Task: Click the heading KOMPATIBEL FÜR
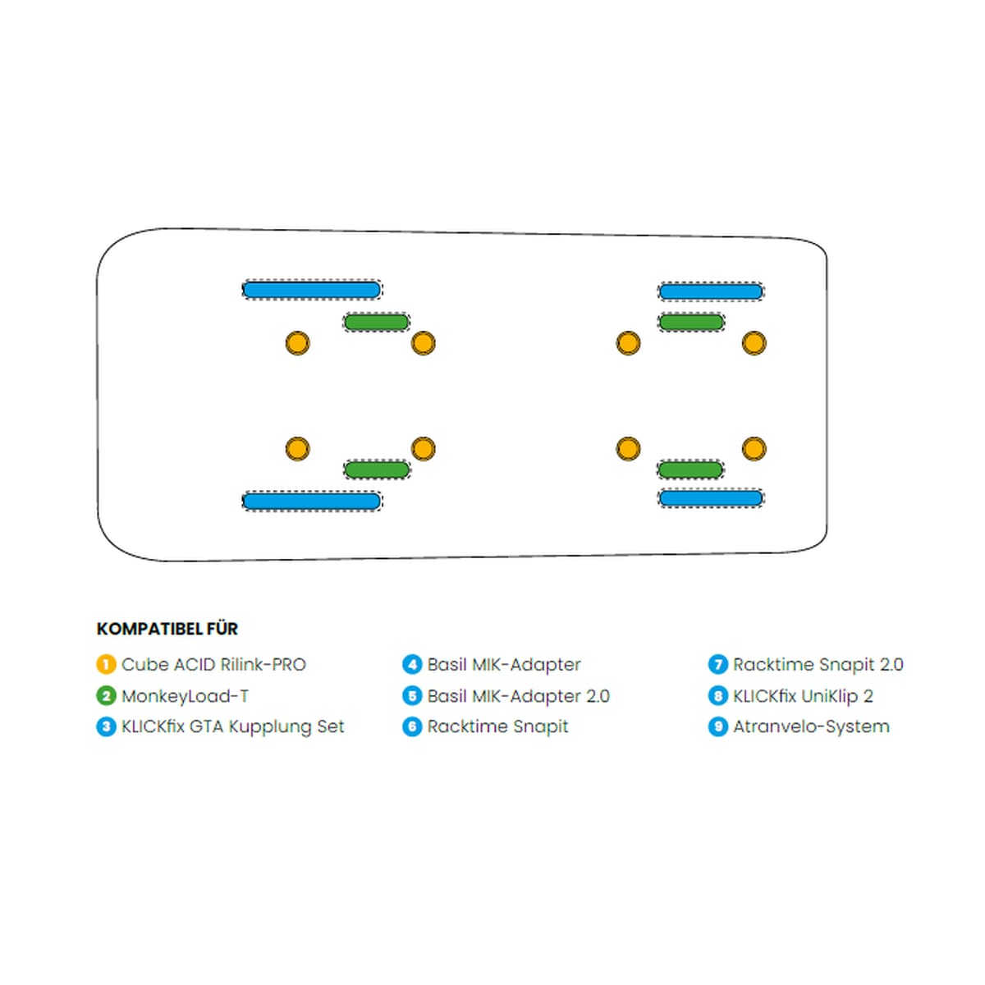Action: coord(167,629)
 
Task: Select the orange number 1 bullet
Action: coord(106,665)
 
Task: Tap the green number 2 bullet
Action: coord(106,696)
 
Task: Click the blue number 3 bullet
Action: coord(106,726)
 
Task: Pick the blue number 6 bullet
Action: coord(412,726)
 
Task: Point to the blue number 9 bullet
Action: coord(718,726)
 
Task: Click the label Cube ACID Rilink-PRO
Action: coord(213,665)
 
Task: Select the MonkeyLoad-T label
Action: coord(185,696)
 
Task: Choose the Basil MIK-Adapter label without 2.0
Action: coord(504,665)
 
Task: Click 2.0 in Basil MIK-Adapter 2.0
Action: coord(598,696)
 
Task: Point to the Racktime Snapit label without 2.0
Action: coord(497,726)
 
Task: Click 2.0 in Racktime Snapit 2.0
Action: coord(891,665)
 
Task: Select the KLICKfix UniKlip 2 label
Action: coord(803,696)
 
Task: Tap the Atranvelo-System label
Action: coord(811,726)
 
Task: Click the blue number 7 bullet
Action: coord(718,665)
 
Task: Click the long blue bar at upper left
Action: coord(312,290)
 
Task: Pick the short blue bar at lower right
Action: coord(711,498)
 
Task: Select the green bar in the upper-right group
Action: coord(691,322)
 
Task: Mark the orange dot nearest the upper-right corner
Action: coord(754,343)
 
